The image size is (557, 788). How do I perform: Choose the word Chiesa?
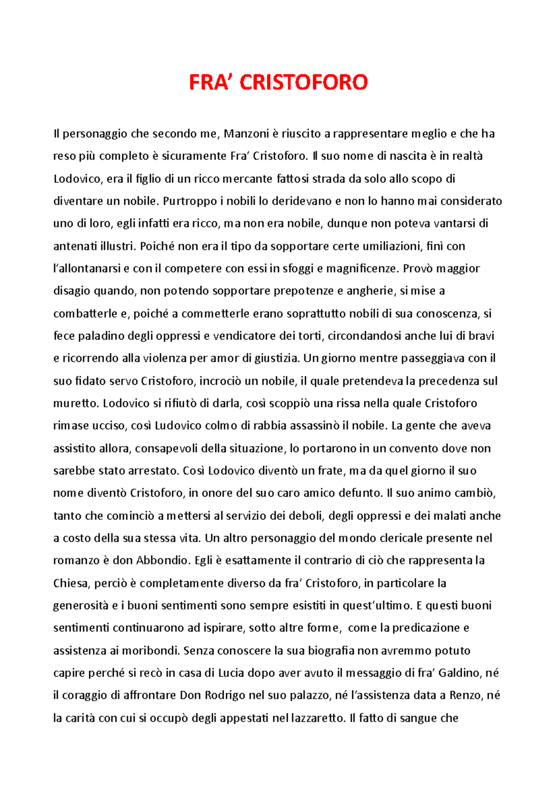(x=71, y=583)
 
